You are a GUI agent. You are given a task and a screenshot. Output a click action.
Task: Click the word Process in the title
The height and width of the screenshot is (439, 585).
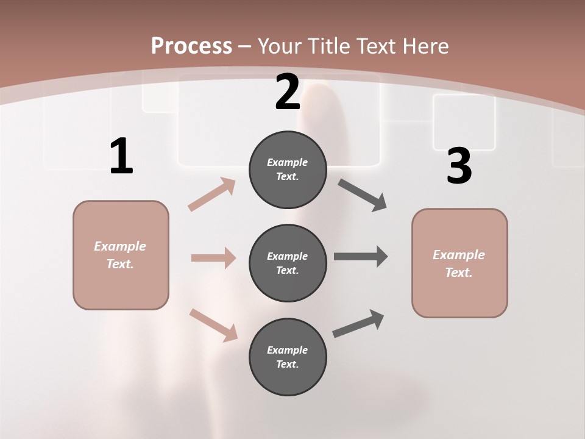click(191, 46)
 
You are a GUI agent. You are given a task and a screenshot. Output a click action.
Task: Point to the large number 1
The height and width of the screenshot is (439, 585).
click(121, 157)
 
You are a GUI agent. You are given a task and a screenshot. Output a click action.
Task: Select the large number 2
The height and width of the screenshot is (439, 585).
click(288, 92)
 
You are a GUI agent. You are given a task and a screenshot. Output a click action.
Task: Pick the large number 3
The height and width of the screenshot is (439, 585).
click(459, 166)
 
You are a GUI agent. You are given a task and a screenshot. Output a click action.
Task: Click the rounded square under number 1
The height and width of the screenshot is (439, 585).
click(121, 255)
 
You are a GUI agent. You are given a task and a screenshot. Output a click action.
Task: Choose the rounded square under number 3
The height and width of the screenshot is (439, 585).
click(459, 263)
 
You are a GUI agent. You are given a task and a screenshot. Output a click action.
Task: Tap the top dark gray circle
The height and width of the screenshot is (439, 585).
click(288, 169)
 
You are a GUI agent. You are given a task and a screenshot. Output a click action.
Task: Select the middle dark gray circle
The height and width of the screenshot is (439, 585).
click(288, 263)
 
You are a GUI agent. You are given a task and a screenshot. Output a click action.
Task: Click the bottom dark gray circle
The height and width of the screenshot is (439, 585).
click(288, 357)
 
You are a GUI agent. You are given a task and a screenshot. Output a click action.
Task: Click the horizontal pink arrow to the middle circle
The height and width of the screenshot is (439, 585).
click(213, 258)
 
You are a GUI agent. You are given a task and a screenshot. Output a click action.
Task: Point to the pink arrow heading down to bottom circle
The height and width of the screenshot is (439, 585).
click(213, 325)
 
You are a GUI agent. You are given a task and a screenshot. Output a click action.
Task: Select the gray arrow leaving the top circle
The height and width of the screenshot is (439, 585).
click(363, 195)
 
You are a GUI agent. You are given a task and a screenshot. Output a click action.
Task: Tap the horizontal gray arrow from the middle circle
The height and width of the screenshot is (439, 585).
click(361, 257)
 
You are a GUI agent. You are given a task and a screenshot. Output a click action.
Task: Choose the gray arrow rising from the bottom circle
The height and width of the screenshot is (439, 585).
click(358, 323)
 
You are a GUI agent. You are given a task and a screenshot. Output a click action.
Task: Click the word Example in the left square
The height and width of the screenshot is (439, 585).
click(120, 246)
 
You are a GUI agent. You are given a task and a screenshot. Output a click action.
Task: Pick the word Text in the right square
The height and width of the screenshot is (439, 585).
click(459, 273)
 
